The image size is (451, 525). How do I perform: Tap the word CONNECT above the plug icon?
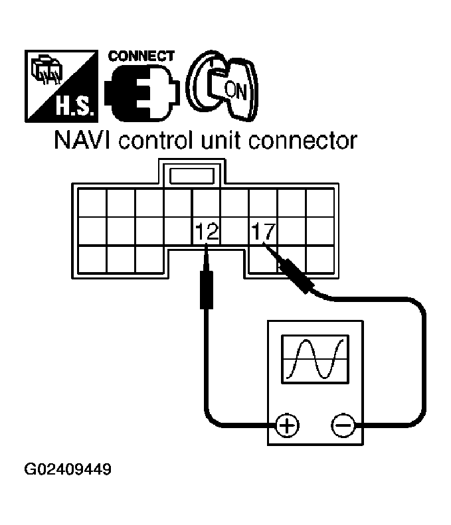click(x=141, y=56)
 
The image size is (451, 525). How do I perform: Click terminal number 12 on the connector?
click(x=206, y=232)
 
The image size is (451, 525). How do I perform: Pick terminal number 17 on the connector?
click(x=264, y=232)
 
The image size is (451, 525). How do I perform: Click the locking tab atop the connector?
click(x=192, y=175)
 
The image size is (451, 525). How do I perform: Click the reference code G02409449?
click(x=68, y=471)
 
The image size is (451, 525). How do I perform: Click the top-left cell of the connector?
click(x=92, y=202)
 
